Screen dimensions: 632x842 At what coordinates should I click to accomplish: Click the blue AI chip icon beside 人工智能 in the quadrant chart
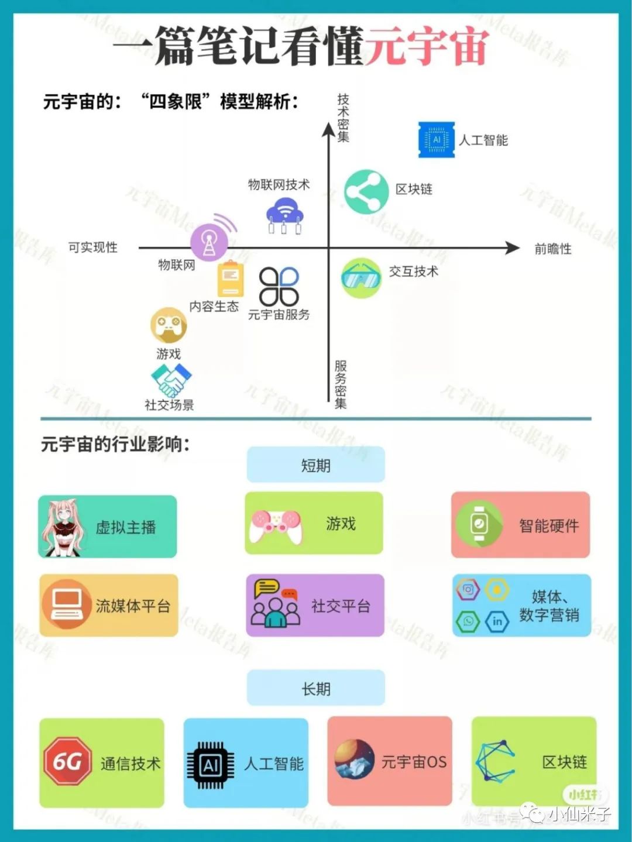(x=436, y=140)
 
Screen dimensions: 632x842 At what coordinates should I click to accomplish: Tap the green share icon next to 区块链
(x=366, y=191)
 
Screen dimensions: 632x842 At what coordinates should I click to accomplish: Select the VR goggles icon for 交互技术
(x=360, y=277)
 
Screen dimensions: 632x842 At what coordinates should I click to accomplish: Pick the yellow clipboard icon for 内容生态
(x=230, y=280)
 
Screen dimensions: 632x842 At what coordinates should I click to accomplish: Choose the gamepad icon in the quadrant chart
(x=169, y=325)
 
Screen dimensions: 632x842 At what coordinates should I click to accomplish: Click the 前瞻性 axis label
(x=552, y=249)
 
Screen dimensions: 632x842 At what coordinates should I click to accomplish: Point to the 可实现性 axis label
(x=93, y=248)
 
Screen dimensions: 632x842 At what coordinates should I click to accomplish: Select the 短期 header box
(x=315, y=465)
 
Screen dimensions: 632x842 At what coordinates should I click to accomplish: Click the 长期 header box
(x=315, y=689)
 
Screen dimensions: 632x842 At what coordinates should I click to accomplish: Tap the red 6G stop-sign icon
(x=68, y=761)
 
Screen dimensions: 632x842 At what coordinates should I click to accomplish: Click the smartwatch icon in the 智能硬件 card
(x=479, y=524)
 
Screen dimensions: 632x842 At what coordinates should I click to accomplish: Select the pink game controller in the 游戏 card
(x=276, y=525)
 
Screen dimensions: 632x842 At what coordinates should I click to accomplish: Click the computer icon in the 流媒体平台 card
(x=66, y=604)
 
